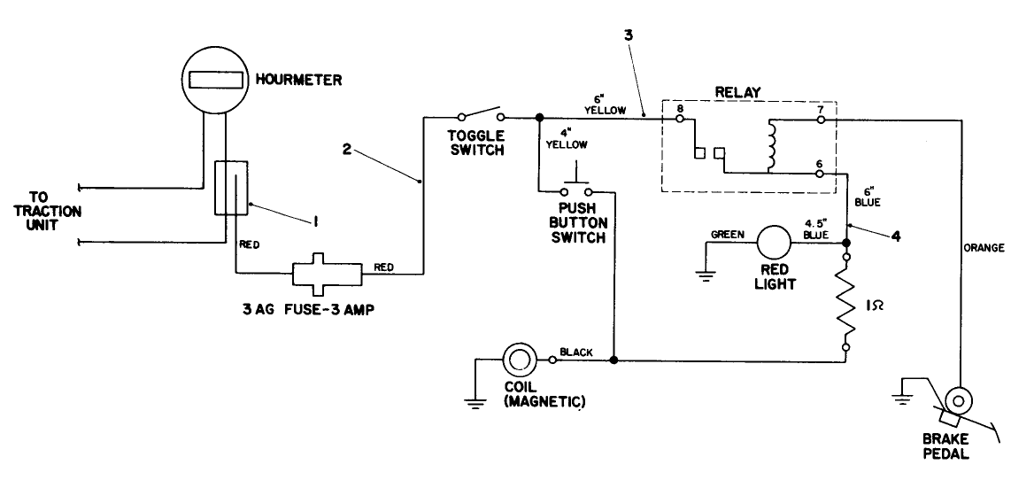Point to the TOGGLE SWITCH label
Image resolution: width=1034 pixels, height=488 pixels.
pyautogui.click(x=475, y=143)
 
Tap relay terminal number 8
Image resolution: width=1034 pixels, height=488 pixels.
pyautogui.click(x=679, y=109)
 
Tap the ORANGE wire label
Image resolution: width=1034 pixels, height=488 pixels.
pyautogui.click(x=984, y=248)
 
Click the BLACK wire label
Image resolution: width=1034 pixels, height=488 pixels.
pyautogui.click(x=576, y=352)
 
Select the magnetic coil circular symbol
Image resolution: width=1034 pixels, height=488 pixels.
pyautogui.click(x=517, y=360)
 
